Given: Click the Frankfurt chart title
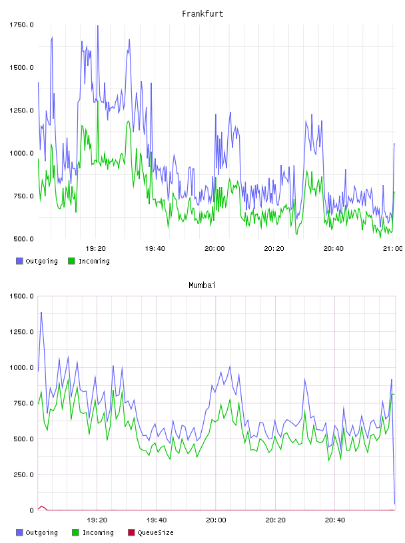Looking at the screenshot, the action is click(202, 14).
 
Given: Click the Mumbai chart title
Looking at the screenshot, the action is click(202, 285).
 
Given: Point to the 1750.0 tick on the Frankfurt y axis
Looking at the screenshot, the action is click(21, 25).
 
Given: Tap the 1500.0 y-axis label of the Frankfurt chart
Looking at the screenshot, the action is click(21, 67).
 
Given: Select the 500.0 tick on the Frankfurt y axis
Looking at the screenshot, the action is click(23, 239).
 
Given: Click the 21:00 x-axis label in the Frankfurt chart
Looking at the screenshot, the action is click(392, 249).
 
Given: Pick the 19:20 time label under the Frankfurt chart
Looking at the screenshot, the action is click(95, 249).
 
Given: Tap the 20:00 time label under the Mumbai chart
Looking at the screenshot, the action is click(216, 520).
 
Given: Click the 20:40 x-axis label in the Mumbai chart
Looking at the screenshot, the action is click(335, 520).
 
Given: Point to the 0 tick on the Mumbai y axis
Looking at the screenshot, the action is click(31, 510).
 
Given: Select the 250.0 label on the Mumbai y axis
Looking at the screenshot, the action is click(23, 474).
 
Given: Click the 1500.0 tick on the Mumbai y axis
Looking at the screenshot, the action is click(21, 296).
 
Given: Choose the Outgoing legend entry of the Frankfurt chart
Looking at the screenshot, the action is click(37, 261).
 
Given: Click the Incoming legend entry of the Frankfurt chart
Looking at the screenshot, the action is click(89, 261).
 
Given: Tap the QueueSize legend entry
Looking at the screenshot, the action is click(151, 532).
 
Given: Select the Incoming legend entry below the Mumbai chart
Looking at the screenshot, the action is click(93, 532).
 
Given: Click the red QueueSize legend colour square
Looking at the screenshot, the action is click(131, 532).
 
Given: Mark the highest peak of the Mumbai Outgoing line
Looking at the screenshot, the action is click(41, 312).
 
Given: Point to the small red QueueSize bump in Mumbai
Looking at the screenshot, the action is click(41, 506).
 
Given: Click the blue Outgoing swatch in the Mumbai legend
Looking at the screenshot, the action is click(19, 532).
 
